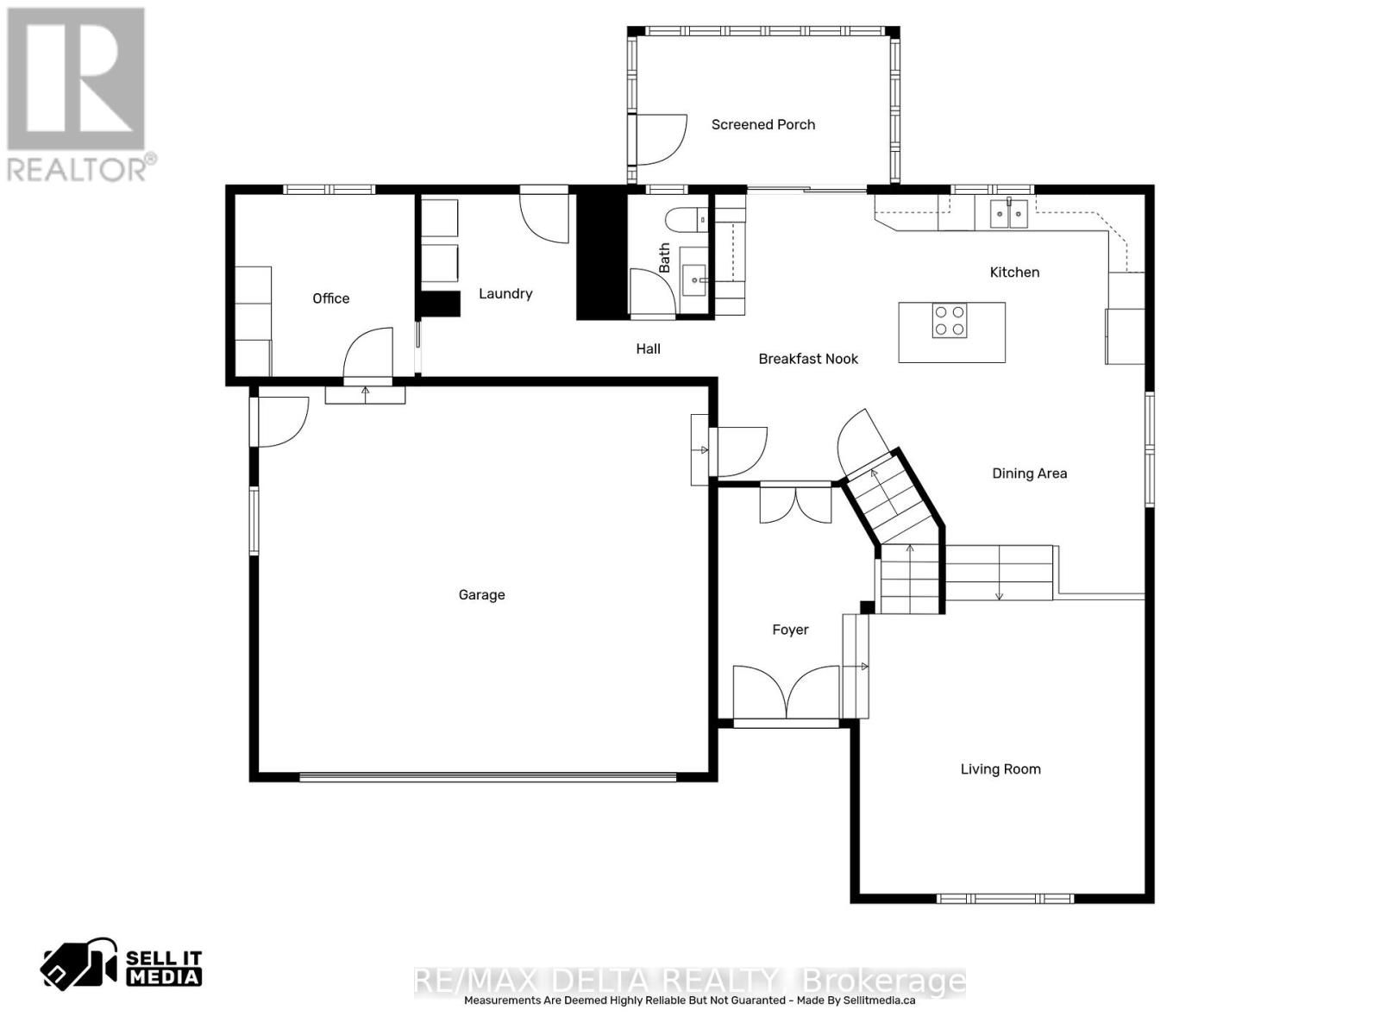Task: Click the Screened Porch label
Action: tap(762, 124)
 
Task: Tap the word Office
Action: tap(330, 298)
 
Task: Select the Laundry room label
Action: tap(505, 293)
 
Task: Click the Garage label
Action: tap(481, 595)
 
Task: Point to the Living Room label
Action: tap(1000, 769)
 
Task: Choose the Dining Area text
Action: tap(1029, 474)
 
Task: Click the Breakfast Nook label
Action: tap(808, 359)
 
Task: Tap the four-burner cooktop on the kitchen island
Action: tap(949, 321)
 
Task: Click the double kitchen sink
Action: tap(1008, 212)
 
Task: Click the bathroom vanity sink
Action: tap(695, 279)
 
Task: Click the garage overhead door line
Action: tap(487, 777)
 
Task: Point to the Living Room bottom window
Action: tap(1005, 899)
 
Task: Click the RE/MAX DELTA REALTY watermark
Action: tap(690, 982)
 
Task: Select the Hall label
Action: tap(648, 348)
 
